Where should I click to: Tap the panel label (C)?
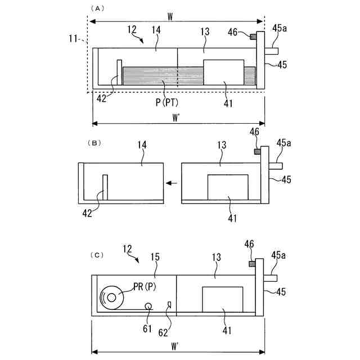coord(97,255)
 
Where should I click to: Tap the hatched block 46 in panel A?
coord(253,37)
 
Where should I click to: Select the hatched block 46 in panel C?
coord(253,264)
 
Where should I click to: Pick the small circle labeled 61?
coord(148,306)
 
